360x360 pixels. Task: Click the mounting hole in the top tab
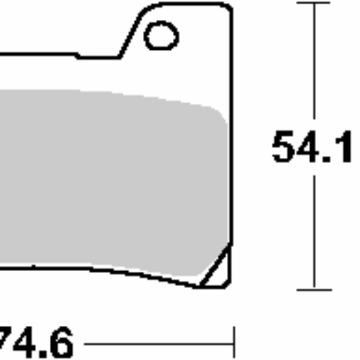pyautogui.click(x=161, y=36)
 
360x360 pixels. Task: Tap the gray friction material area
pyautogui.click(x=108, y=180)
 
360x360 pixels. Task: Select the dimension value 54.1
pyautogui.click(x=312, y=147)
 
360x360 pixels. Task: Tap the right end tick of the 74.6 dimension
pyautogui.click(x=233, y=343)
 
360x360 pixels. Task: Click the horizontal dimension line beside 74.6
pyautogui.click(x=156, y=344)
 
